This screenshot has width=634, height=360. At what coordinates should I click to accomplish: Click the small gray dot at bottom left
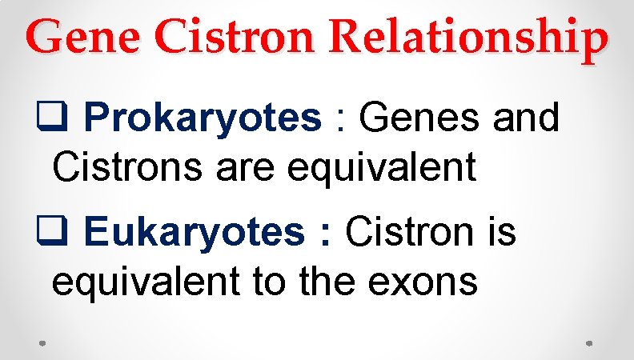coord(42,343)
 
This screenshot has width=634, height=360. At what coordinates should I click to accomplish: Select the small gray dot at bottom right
coord(590,343)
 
